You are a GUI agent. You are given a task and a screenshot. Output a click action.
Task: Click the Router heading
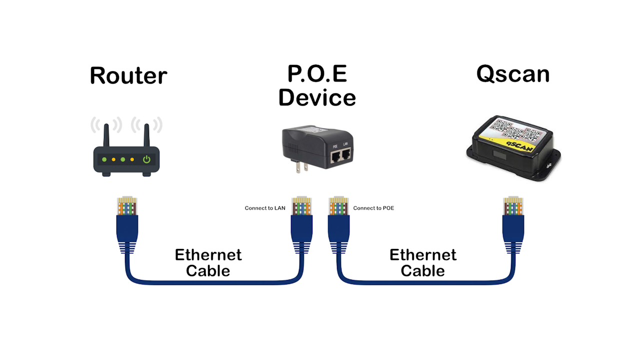[128, 75]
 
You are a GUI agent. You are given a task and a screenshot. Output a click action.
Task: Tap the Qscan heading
[512, 73]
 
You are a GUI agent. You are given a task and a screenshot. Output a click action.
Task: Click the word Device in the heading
[317, 97]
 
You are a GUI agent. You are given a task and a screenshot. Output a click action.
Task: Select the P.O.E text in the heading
[317, 73]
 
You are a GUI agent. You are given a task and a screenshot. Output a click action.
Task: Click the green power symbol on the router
[146, 159]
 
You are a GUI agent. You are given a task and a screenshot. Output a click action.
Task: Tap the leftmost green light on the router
[104, 159]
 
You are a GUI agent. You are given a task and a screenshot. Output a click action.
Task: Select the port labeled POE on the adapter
[334, 158]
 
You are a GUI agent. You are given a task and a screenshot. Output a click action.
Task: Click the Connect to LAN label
[265, 208]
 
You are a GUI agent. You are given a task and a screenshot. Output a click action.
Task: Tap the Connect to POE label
[373, 208]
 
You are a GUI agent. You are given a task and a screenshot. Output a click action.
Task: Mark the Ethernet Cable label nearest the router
[208, 262]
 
